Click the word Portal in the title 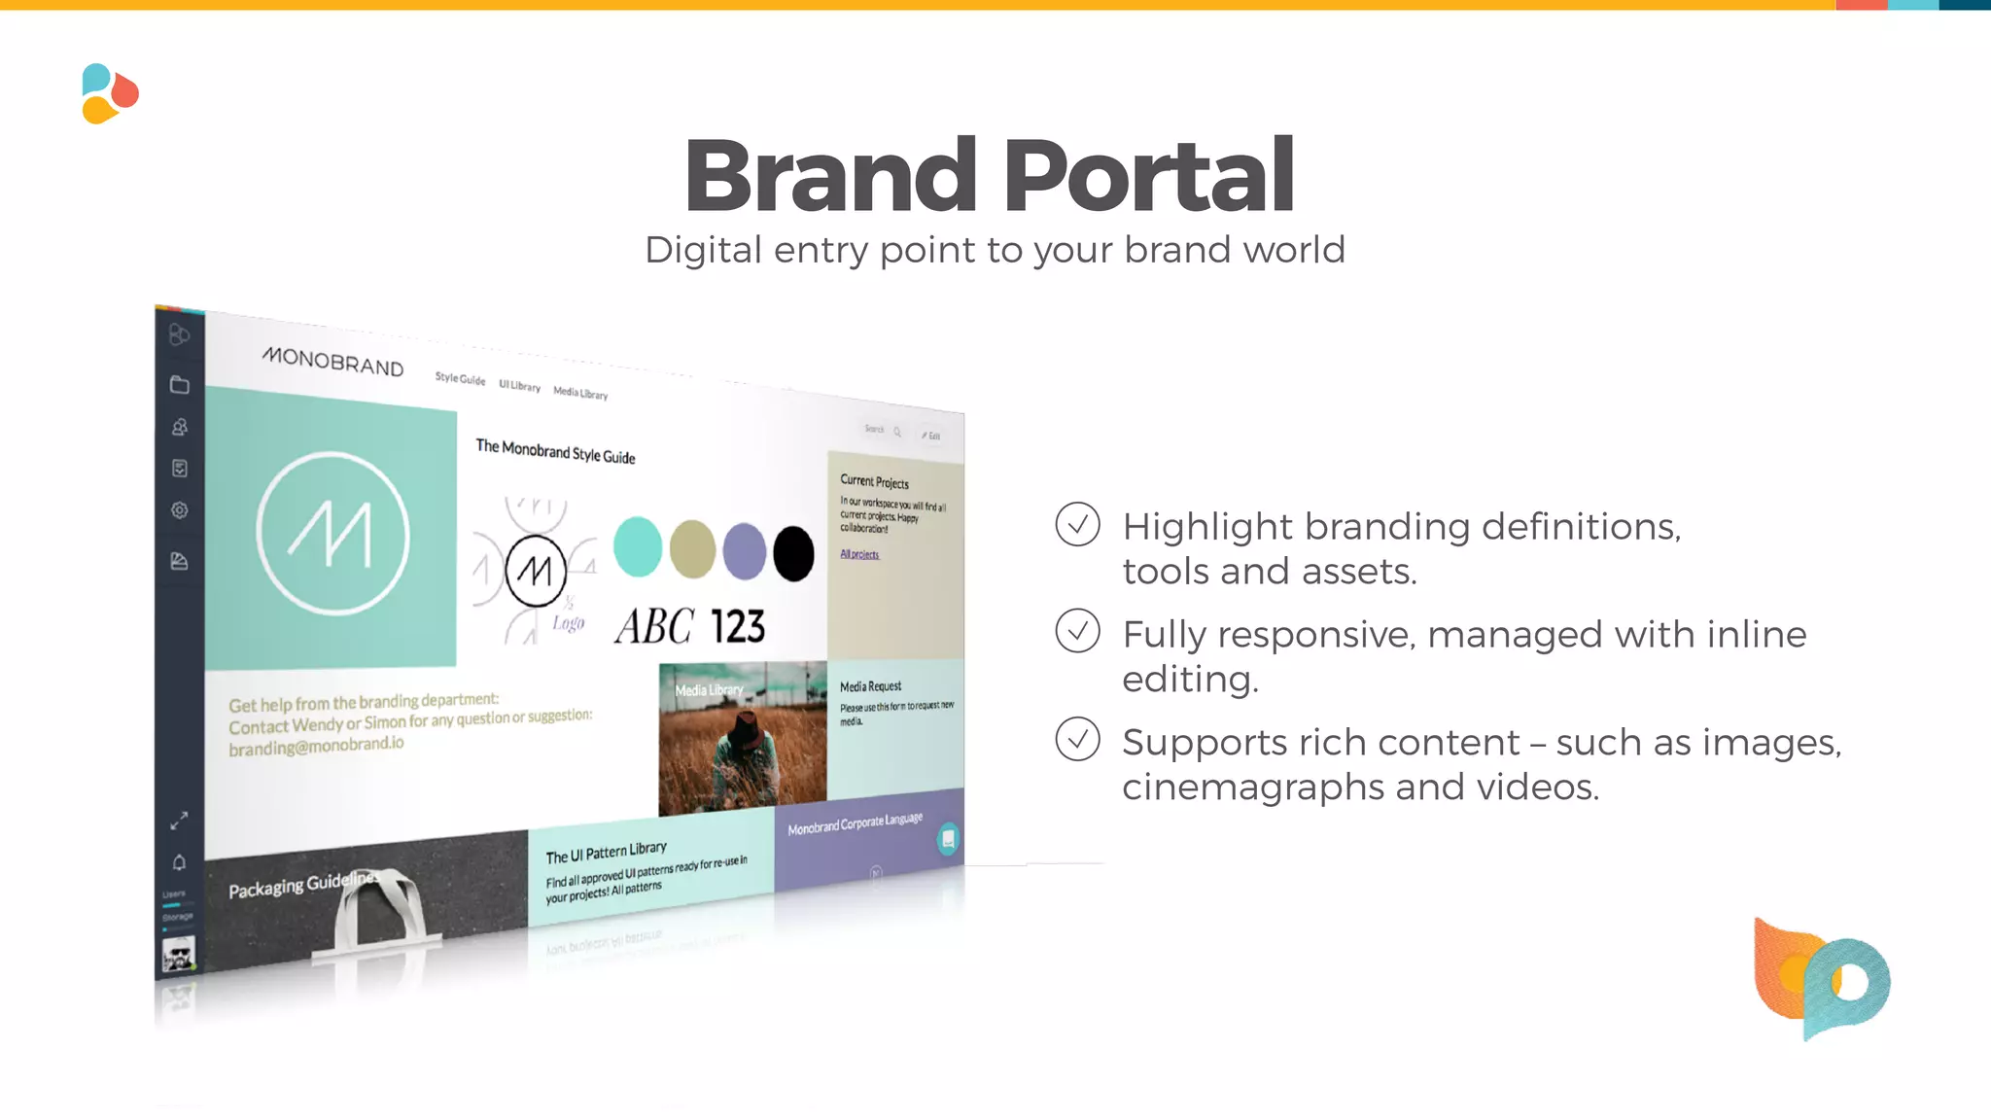[x=1148, y=176]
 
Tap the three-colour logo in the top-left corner [x=110, y=93]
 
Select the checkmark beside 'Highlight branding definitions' [x=1077, y=524]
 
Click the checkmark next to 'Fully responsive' [x=1077, y=632]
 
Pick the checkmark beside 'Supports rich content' [x=1077, y=740]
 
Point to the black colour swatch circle [x=793, y=553]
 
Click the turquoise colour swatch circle [x=638, y=546]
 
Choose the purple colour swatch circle [x=745, y=550]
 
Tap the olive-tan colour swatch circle [x=692, y=548]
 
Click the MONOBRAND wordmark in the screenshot [x=332, y=362]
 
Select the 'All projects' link [x=859, y=554]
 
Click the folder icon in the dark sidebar [x=180, y=385]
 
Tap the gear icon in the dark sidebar [x=180, y=510]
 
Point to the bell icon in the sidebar [x=179, y=862]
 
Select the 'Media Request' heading [x=870, y=686]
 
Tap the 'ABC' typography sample [x=654, y=627]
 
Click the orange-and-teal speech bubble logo [x=1821, y=978]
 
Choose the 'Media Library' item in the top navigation [x=580, y=393]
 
